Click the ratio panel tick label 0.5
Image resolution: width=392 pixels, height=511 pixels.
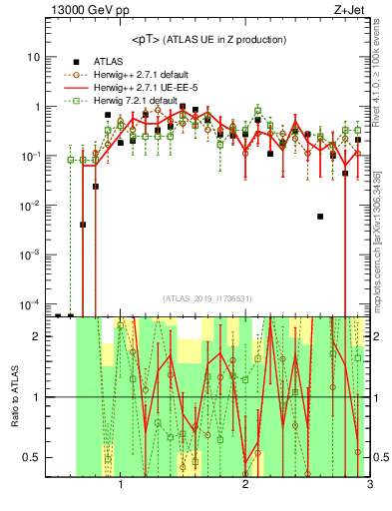tap(31, 457)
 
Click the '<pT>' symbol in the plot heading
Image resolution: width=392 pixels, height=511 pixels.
tap(146, 39)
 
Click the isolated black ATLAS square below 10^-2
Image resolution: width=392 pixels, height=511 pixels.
tap(320, 217)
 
